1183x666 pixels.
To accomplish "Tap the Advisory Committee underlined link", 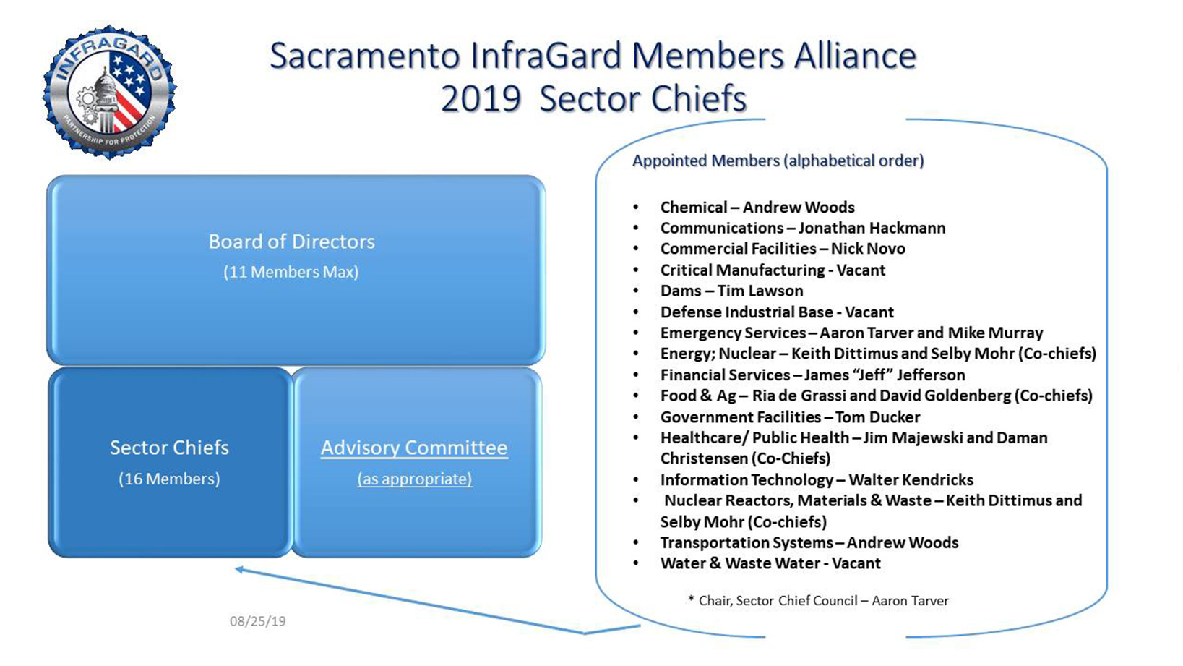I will click(414, 448).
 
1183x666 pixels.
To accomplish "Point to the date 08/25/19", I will click(258, 621).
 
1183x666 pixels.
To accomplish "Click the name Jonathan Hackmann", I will click(872, 229).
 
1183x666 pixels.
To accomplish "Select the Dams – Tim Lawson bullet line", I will click(731, 291).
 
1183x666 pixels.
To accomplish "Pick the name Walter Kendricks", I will click(911, 480).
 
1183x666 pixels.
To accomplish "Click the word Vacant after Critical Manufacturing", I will click(861, 270).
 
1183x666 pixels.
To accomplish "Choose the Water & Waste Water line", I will click(770, 564).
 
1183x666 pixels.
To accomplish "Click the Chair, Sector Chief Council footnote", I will click(818, 601).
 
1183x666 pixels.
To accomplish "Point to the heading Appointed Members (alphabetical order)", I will click(778, 161).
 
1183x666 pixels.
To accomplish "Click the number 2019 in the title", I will click(481, 99).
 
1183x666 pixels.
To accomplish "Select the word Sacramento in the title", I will click(365, 56).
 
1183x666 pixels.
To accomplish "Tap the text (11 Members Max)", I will click(291, 273).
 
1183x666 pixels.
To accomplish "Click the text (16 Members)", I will click(169, 479).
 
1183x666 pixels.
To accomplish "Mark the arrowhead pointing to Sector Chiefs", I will click(239, 570).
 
